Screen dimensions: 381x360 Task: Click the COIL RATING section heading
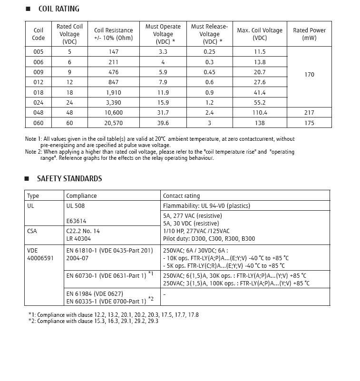pos(58,9)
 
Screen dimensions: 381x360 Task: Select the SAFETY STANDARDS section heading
pos(69,179)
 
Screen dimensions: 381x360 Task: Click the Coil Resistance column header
pos(113,34)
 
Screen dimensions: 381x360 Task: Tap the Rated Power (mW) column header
pos(309,34)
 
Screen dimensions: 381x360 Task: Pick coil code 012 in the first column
pos(39,82)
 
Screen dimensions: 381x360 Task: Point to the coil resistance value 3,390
pos(113,103)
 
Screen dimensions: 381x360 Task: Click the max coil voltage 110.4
pos(260,113)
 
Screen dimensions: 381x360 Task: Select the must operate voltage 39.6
pos(163,123)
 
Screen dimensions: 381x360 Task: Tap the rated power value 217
pos(309,113)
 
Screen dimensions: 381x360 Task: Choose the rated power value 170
pos(309,75)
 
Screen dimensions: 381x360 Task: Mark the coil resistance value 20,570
pos(113,123)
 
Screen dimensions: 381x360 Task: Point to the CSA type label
pos(33,231)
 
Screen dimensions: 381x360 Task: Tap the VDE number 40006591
pos(40,258)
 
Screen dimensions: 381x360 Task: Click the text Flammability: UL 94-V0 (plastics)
pos(206,206)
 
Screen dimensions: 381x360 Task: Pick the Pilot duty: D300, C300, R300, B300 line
pos(209,239)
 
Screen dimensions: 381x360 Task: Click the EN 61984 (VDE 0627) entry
pos(95,294)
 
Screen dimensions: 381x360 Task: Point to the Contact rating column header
pos(181,195)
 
